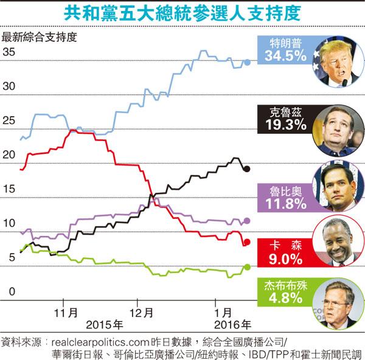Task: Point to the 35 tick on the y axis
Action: tap(9, 52)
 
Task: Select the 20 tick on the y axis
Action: tap(9, 155)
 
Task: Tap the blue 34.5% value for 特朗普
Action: tap(282, 56)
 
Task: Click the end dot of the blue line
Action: tap(246, 61)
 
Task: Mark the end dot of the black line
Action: tap(246, 168)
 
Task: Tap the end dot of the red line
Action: tap(246, 243)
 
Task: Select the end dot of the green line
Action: tap(246, 266)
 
